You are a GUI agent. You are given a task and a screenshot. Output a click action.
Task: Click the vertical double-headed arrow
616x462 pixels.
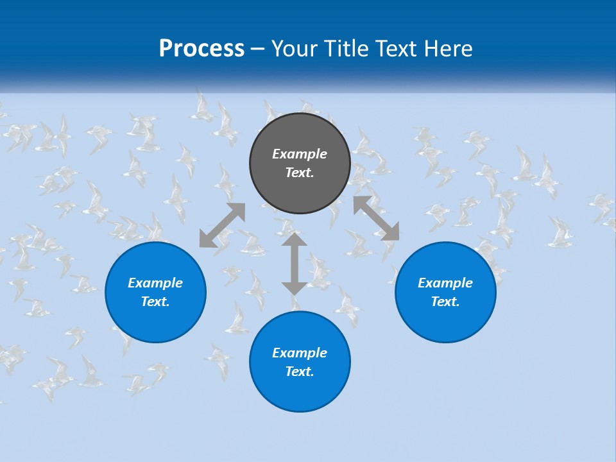click(295, 264)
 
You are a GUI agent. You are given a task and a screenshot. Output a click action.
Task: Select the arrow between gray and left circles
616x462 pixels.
click(222, 225)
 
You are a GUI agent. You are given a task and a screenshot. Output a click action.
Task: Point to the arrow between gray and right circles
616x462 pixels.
click(376, 218)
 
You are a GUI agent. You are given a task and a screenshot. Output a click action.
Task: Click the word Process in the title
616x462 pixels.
click(201, 49)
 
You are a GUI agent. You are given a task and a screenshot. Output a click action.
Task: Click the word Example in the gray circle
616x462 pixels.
click(300, 154)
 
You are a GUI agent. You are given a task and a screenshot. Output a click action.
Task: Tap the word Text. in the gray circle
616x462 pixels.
click(300, 173)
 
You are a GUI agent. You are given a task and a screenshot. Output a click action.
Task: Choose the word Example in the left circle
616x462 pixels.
click(155, 283)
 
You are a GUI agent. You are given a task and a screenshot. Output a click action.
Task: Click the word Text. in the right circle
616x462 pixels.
click(445, 302)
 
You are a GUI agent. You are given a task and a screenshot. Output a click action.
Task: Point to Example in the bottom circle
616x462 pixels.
click(300, 353)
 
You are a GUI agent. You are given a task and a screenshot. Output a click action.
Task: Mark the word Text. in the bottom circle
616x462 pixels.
click(300, 372)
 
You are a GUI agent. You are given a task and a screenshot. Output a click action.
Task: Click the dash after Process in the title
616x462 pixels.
click(258, 49)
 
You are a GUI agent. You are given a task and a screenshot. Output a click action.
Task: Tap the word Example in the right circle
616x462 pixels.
click(445, 283)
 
